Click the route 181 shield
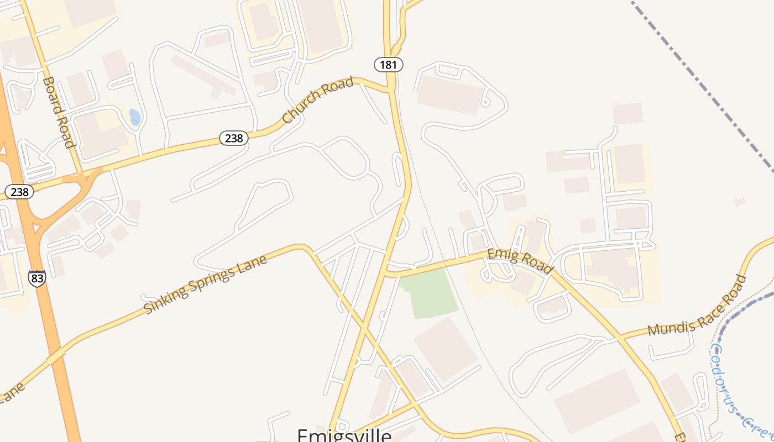tap(389, 65)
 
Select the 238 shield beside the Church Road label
tap(234, 138)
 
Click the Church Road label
tap(317, 100)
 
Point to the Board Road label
tap(59, 112)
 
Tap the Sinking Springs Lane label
tap(205, 284)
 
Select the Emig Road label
tap(520, 261)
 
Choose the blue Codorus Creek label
tap(735, 387)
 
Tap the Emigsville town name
tap(344, 435)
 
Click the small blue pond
tap(135, 117)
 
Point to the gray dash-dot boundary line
tap(702, 83)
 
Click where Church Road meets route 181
tap(390, 88)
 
